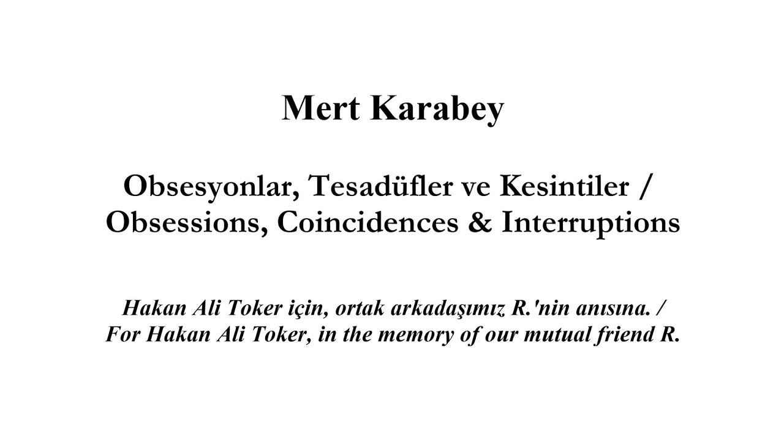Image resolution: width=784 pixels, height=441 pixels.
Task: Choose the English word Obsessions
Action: (x=187, y=223)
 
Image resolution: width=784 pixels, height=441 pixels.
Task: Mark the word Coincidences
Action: (x=367, y=223)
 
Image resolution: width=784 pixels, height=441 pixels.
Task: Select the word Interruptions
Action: (x=590, y=223)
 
